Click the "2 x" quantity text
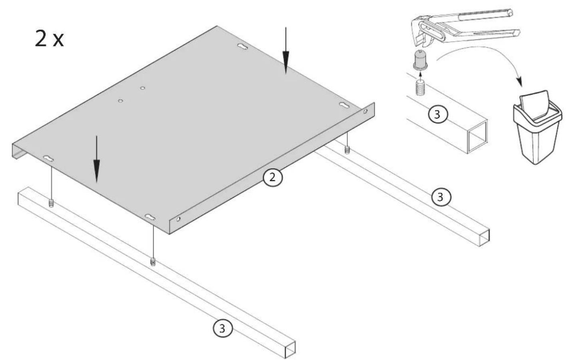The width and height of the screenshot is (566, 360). pos(50,38)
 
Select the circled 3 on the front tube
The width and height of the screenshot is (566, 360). pos(222,329)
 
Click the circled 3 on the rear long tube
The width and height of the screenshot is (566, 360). pos(441,197)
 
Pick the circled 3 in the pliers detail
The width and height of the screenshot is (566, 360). pos(437,114)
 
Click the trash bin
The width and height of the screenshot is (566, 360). pos(538,127)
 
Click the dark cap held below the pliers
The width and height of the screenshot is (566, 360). pos(420,60)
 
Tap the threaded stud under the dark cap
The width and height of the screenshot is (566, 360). pos(420,88)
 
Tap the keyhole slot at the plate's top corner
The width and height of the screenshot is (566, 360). pos(242,46)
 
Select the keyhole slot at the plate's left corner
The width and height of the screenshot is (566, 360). pos(48,159)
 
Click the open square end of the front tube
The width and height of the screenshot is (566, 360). pos(290,350)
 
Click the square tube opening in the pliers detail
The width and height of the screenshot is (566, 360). pos(477,137)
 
